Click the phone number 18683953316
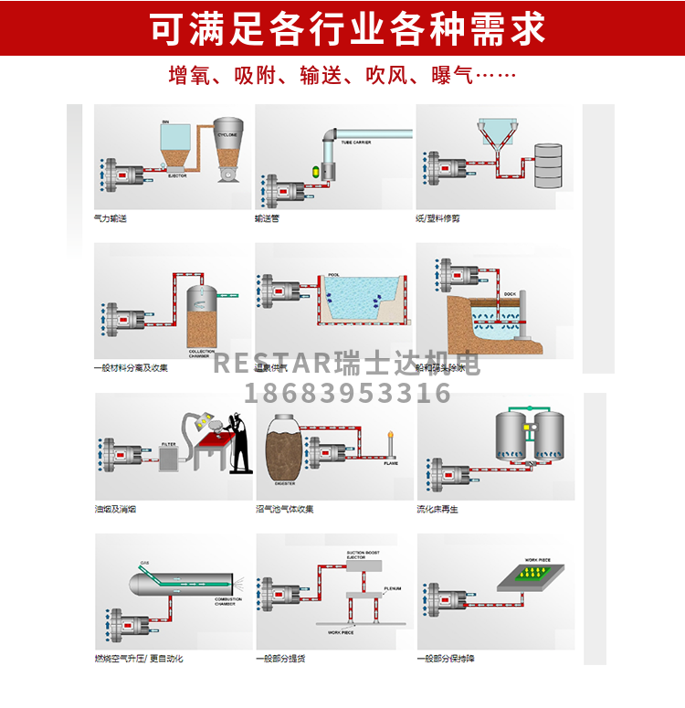tap(348, 394)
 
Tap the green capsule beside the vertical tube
tap(318, 169)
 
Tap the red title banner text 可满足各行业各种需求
tap(346, 27)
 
